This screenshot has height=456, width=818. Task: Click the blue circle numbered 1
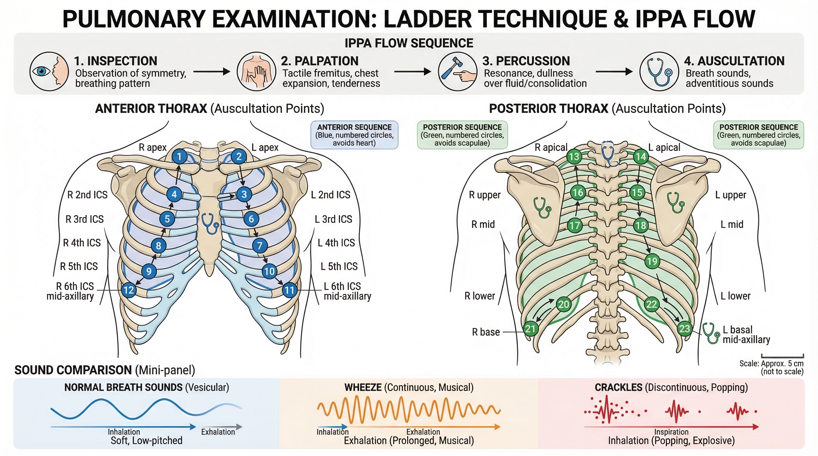point(180,156)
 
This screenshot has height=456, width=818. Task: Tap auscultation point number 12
point(129,290)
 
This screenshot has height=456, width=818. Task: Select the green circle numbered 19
point(652,261)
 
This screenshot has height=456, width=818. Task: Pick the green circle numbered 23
point(684,328)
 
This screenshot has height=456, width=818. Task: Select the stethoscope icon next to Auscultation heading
point(659,72)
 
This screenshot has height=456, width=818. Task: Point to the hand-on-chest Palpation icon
point(256,72)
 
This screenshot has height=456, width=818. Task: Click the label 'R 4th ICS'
point(82,243)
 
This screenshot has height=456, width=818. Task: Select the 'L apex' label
point(265,148)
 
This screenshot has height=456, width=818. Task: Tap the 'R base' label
point(486,332)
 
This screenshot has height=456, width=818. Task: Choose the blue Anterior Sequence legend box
point(354,135)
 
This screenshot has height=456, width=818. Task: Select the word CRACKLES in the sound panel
point(618,387)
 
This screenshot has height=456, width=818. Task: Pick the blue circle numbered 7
point(260,246)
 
